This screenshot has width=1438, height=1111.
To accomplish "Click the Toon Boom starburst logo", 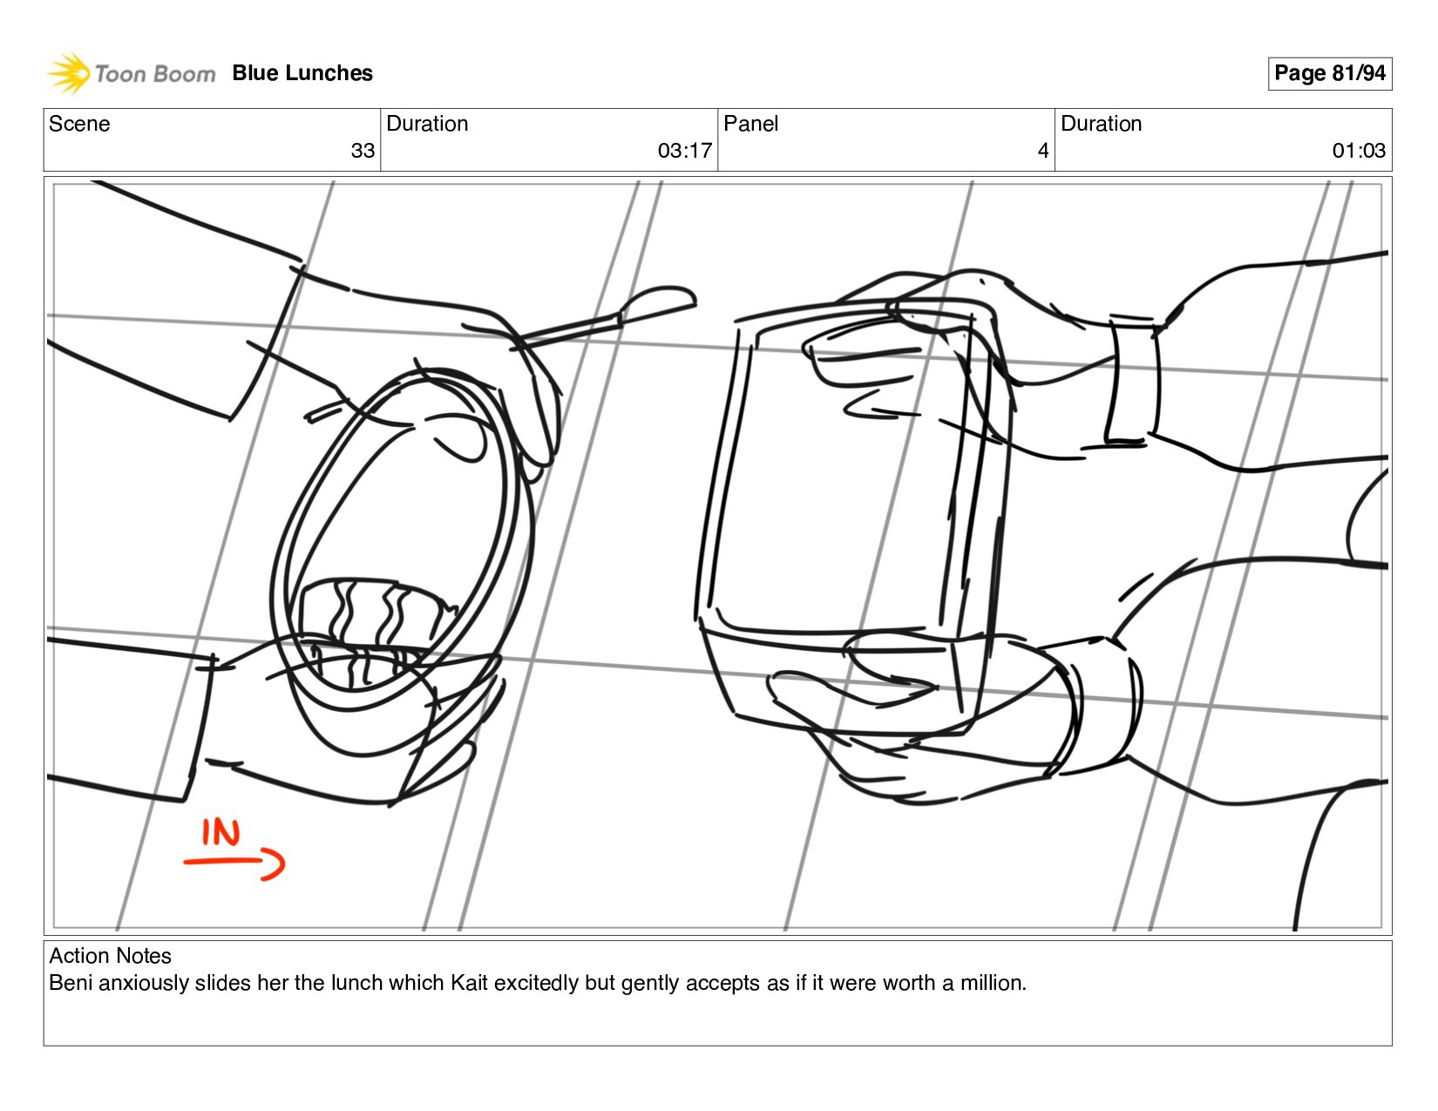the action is click(x=69, y=73).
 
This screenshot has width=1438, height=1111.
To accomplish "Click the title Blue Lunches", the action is click(x=302, y=73).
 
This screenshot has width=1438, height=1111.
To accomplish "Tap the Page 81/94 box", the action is click(x=1329, y=73).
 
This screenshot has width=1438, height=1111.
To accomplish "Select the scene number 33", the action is click(x=363, y=151).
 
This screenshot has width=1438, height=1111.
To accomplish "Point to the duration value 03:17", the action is click(x=684, y=151).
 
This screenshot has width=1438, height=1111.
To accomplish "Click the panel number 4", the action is click(x=1043, y=151).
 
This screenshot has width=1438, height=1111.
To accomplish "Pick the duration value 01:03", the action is click(x=1359, y=151).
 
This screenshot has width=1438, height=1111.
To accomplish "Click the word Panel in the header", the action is click(x=750, y=124).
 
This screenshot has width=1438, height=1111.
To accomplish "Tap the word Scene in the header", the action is click(x=79, y=124).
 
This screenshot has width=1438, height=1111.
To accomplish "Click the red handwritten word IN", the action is click(x=220, y=832).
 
